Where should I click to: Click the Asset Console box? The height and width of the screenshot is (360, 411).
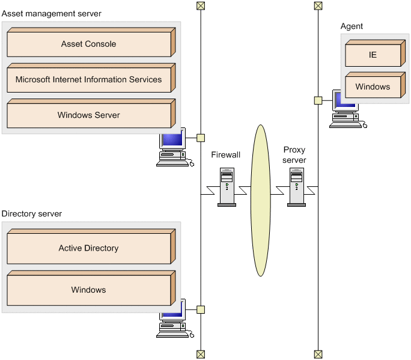pos(89,44)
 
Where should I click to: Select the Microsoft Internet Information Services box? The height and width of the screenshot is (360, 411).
pos(89,80)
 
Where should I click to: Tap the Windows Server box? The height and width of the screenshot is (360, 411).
pos(89,115)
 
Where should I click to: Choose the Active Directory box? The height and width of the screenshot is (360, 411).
pos(89,248)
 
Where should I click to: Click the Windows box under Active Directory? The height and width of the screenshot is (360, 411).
pos(89,290)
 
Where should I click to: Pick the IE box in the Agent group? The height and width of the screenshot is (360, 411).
pos(373,55)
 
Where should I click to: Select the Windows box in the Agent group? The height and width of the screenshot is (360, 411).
pos(373,87)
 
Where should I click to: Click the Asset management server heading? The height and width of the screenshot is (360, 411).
pos(52,13)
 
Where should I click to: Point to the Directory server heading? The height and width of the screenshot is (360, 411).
pos(32,213)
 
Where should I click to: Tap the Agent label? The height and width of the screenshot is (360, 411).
pos(352,26)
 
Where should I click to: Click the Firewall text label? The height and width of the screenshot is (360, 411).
pos(226,155)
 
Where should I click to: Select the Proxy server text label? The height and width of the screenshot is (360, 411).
pos(294,155)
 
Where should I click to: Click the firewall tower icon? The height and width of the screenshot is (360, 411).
pos(227,187)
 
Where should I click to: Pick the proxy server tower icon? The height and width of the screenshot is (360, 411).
pos(296,187)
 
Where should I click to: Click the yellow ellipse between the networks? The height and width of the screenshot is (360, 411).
pos(260,200)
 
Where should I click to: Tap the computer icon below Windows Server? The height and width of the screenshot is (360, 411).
pos(172,147)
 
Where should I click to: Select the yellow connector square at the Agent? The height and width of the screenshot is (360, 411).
pos(318,100)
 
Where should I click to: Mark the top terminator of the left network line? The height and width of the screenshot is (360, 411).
pos(201,6)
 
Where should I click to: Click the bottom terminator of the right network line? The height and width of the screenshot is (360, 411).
pos(318,354)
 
